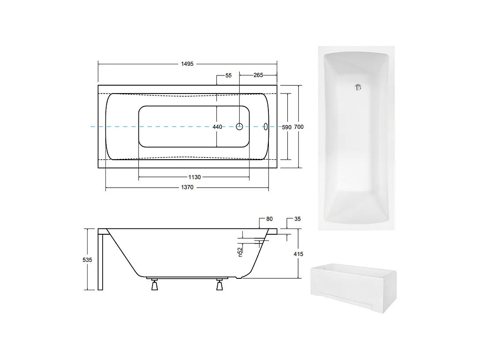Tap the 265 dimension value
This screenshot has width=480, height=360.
pyautogui.click(x=258, y=75)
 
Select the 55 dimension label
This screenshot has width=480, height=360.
pyautogui.click(x=228, y=75)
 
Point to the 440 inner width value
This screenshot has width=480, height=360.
pyautogui.click(x=217, y=127)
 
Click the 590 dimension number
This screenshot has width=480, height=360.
pyautogui.click(x=287, y=127)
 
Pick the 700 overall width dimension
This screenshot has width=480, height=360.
pyautogui.click(x=299, y=127)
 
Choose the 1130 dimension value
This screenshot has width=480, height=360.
pyautogui.click(x=194, y=177)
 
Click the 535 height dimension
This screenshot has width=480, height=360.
pyautogui.click(x=87, y=260)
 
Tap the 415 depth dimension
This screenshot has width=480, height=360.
pyautogui.click(x=298, y=254)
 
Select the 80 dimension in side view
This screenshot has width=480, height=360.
pyautogui.click(x=269, y=219)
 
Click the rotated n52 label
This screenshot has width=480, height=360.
pyautogui.click(x=240, y=252)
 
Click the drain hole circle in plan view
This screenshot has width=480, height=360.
pyautogui.click(x=240, y=127)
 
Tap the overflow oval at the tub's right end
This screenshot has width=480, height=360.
pyautogui.click(x=266, y=127)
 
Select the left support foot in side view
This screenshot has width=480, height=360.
pyautogui.click(x=154, y=285)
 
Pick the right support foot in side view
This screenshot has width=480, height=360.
pyautogui.click(x=220, y=285)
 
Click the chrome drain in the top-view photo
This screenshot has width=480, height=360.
pyautogui.click(x=358, y=87)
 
